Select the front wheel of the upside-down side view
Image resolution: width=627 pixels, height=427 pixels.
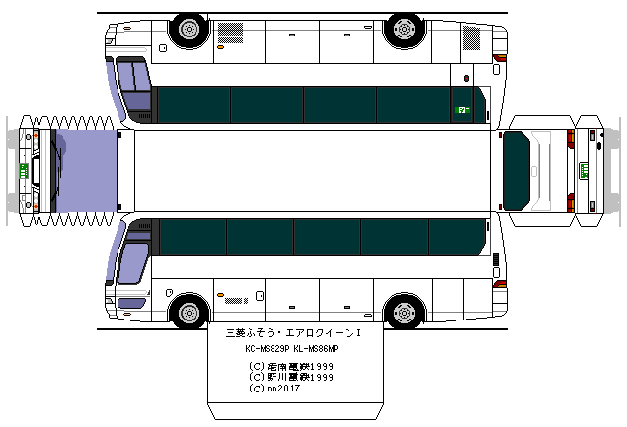189,29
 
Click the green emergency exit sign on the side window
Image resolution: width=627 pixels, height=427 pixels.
461,110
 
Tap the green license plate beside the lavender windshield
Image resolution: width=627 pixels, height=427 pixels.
22,169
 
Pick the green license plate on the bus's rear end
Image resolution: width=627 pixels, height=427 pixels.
584,169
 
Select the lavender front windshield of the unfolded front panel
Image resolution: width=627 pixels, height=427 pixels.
84,170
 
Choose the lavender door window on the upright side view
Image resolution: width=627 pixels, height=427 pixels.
131,261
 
